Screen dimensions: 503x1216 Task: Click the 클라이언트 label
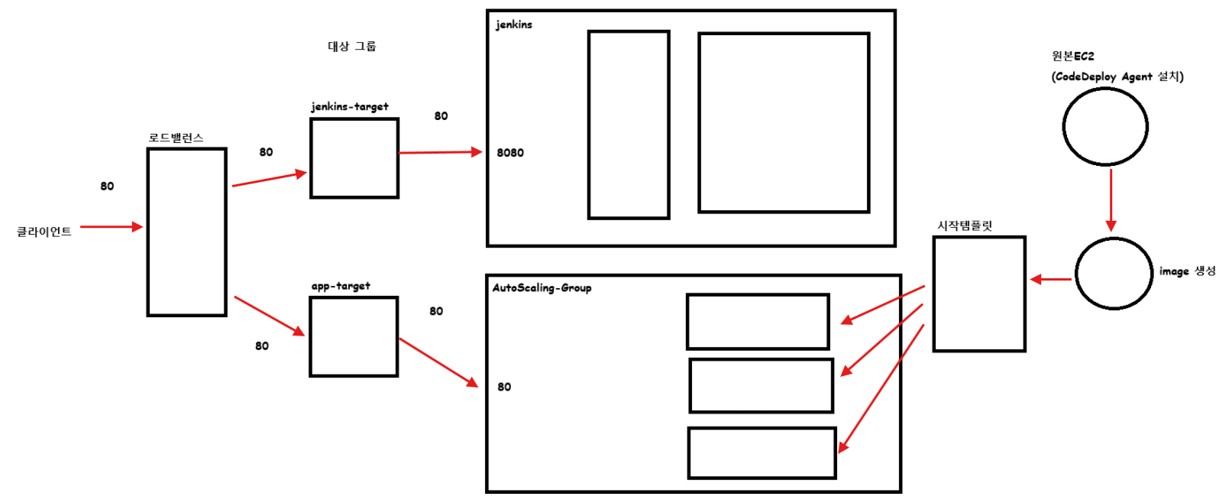click(x=44, y=232)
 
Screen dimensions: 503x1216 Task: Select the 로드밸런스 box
click(x=186, y=232)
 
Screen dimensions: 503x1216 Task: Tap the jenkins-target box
click(x=354, y=158)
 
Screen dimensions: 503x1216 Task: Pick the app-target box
click(x=354, y=337)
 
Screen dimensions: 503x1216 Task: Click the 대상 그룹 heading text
click(x=352, y=47)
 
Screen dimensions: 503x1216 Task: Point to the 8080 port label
click(x=510, y=153)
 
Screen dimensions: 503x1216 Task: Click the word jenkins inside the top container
click(x=514, y=24)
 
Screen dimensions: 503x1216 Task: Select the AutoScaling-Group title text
click(x=542, y=288)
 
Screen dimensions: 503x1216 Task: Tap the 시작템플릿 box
click(x=979, y=294)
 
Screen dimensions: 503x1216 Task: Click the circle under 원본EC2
click(x=1105, y=127)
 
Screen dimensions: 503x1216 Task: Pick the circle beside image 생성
click(x=1114, y=274)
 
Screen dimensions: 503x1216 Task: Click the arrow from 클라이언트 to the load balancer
click(x=111, y=227)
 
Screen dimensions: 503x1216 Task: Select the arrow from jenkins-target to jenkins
click(x=440, y=153)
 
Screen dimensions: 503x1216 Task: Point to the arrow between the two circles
click(x=1111, y=200)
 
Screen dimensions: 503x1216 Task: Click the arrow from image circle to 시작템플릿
click(x=1051, y=280)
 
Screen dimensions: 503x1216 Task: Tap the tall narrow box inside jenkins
click(x=629, y=125)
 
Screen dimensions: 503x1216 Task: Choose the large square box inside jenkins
click(x=784, y=122)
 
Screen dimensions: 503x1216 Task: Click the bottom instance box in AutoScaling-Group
click(x=762, y=453)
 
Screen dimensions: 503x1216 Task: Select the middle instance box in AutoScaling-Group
click(x=761, y=386)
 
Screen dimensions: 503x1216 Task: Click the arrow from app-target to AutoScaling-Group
click(x=438, y=362)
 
